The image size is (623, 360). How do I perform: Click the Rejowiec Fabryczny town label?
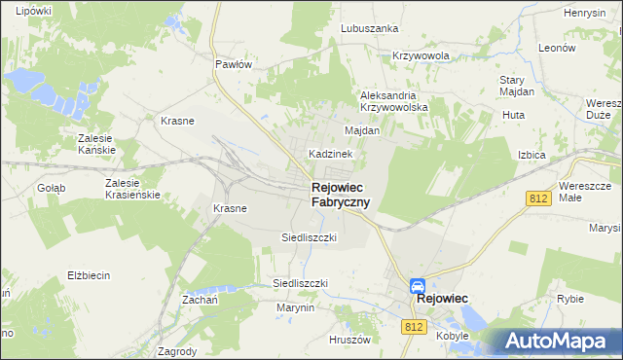340,195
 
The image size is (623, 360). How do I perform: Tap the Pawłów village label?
234,64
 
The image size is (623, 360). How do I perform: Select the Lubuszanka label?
370,28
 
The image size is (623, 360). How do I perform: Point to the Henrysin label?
585,13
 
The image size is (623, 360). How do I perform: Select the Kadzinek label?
336,154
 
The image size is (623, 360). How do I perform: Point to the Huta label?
513,115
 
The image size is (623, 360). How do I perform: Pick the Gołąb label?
51,188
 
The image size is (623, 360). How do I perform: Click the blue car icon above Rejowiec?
417,285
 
